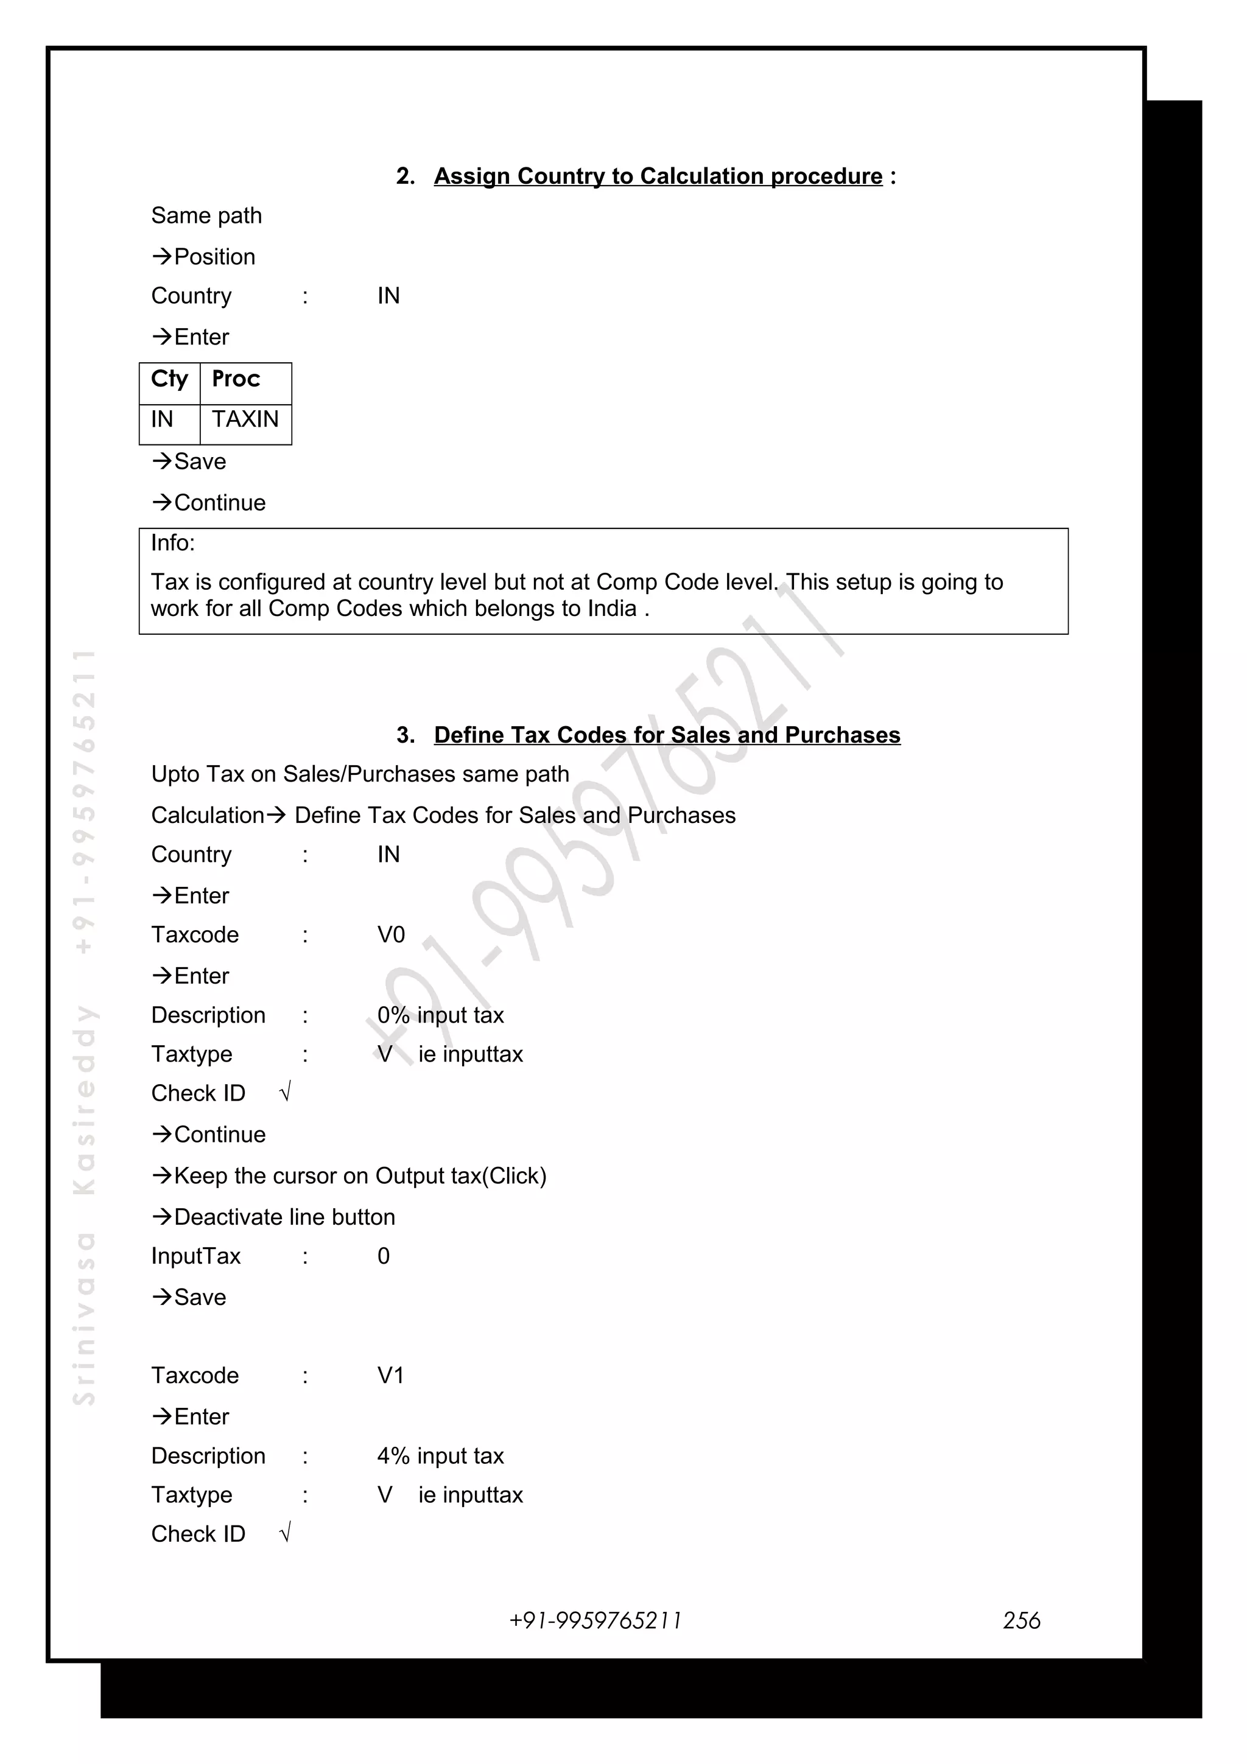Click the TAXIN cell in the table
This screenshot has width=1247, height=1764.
(x=245, y=419)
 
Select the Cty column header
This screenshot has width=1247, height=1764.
(x=169, y=380)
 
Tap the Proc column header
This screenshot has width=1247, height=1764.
(x=236, y=380)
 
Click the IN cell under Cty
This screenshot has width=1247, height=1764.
(x=162, y=419)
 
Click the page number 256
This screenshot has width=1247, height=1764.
(x=1021, y=1620)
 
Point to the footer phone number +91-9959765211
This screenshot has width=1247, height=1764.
(x=595, y=1620)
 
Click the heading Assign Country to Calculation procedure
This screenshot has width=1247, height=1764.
(x=658, y=176)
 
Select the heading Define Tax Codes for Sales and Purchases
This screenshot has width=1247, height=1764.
(x=667, y=735)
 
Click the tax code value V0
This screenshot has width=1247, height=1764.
(x=391, y=935)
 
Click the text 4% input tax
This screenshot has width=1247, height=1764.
(x=440, y=1456)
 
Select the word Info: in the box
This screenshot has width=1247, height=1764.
(x=173, y=543)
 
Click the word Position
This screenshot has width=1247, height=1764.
(x=214, y=257)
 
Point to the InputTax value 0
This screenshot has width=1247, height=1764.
(x=384, y=1256)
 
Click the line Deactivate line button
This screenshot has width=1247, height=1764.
(x=284, y=1217)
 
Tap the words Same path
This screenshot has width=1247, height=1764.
(x=206, y=216)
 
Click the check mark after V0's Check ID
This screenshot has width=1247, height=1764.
(x=285, y=1092)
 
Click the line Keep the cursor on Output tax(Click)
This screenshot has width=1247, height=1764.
(x=360, y=1175)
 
